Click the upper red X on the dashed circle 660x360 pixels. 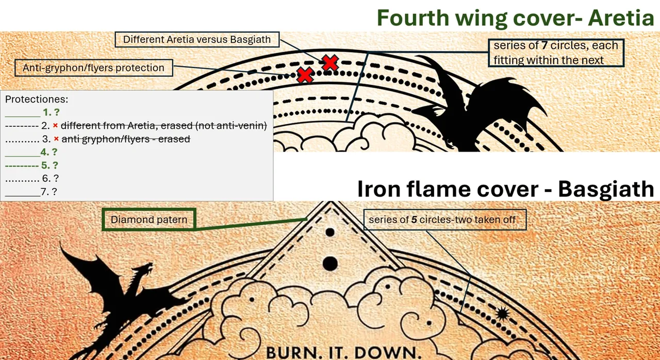[x=329, y=62]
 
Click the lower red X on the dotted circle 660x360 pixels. [x=305, y=75]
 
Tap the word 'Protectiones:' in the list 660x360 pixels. [x=37, y=99]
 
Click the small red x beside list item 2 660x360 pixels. [x=55, y=126]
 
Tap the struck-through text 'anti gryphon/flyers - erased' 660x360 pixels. [x=126, y=139]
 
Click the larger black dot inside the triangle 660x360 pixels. [x=330, y=264]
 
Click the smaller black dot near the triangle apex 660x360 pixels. [x=330, y=233]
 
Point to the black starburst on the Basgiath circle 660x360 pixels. [x=502, y=314]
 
